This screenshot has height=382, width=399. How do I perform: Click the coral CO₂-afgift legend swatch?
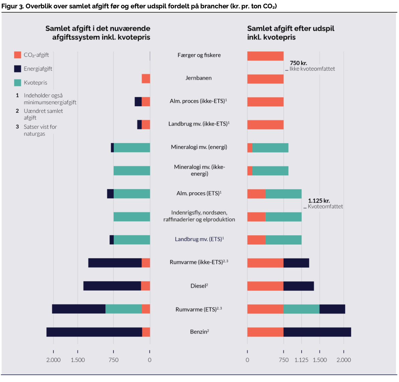17,55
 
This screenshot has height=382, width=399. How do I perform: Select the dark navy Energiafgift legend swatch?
17,69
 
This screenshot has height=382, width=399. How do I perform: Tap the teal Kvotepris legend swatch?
17,83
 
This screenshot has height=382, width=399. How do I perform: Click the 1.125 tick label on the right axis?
302,360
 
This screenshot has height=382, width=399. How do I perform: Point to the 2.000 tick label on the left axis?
54,360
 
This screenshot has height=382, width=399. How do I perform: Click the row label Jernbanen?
198,78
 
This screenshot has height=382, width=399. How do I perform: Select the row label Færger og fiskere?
199,55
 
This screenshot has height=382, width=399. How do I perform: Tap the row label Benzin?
199,332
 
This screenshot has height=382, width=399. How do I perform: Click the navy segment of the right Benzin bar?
317,332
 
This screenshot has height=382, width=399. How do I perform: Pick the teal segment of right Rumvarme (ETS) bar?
302,309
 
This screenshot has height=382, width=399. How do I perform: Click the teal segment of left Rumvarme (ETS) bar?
124,309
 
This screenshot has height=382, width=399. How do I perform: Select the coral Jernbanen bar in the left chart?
146,79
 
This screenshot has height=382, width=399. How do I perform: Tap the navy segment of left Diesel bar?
112,286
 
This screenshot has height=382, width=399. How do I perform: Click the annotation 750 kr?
299,63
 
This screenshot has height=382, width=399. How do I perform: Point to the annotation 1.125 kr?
319,201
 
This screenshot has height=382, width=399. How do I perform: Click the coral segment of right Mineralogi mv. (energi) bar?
250,148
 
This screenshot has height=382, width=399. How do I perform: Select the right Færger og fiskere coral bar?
265,56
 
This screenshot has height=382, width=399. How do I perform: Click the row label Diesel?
199,286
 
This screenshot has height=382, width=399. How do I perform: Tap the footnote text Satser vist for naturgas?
40,130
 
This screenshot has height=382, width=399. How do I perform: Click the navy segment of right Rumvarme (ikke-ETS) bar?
297,263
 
